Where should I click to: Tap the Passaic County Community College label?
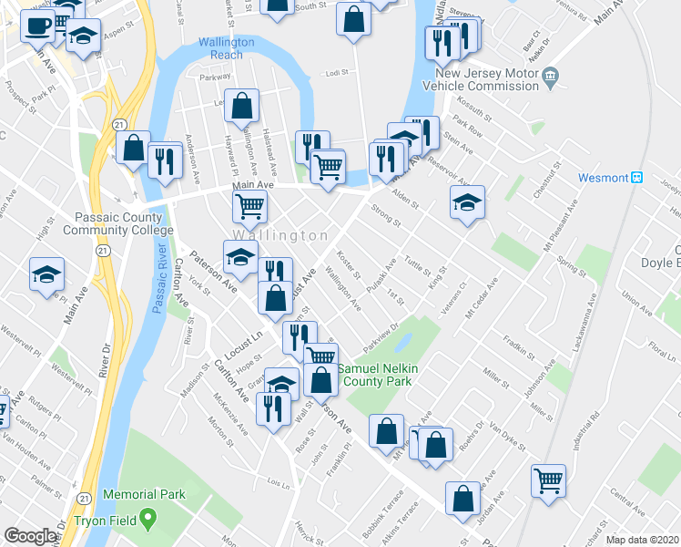(113, 223)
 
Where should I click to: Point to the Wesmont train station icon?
(637, 177)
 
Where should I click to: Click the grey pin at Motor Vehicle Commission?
(549, 79)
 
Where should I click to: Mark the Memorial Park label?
(144, 494)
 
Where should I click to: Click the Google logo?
(31, 536)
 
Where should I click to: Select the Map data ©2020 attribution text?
(642, 540)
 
